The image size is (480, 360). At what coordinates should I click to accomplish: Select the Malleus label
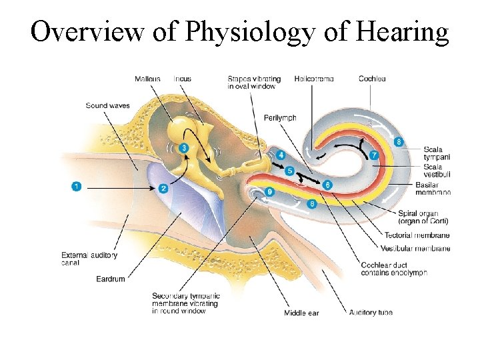[147, 79]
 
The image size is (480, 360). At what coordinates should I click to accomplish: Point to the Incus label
[182, 79]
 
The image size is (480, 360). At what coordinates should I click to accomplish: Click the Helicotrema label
[313, 79]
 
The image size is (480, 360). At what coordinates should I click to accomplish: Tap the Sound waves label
[107, 105]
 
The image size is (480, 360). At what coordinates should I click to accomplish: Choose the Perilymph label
[280, 118]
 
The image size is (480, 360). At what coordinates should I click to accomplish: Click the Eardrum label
[110, 279]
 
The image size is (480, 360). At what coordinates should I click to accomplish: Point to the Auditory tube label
[371, 313]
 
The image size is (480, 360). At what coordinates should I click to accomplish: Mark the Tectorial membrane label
[417, 235]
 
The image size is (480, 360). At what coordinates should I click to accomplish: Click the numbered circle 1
[77, 187]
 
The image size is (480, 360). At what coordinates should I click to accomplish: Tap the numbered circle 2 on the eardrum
[163, 189]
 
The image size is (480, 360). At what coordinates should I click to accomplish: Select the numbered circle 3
[184, 147]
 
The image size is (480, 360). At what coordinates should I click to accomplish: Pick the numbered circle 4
[281, 155]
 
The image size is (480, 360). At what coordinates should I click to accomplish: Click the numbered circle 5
[289, 171]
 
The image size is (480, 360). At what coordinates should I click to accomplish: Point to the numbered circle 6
[327, 184]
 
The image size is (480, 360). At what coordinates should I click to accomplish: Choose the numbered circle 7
[374, 155]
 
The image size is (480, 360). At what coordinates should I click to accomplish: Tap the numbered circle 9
[269, 192]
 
